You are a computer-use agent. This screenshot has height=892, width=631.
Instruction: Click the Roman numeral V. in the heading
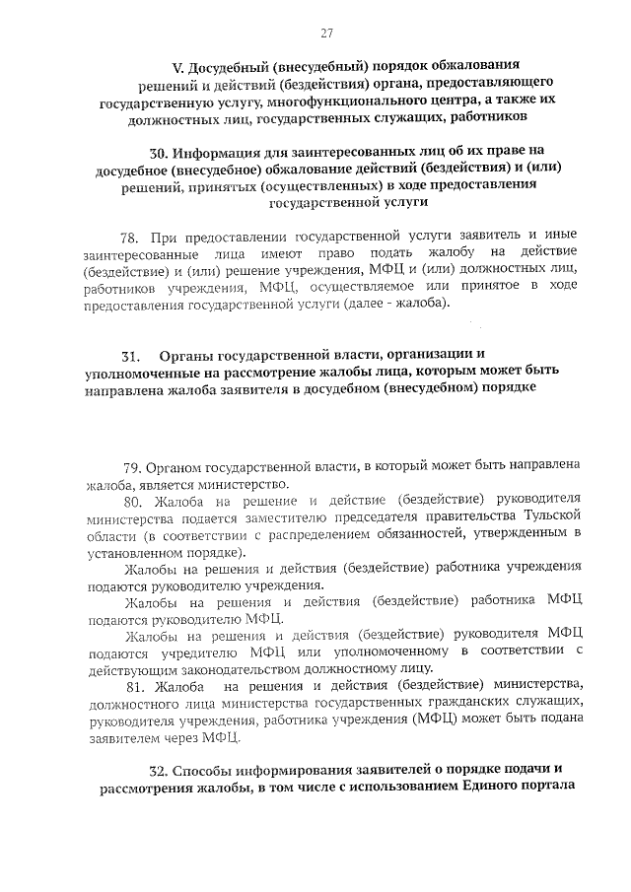(x=178, y=68)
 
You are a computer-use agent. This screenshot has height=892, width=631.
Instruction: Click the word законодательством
(x=248, y=668)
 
